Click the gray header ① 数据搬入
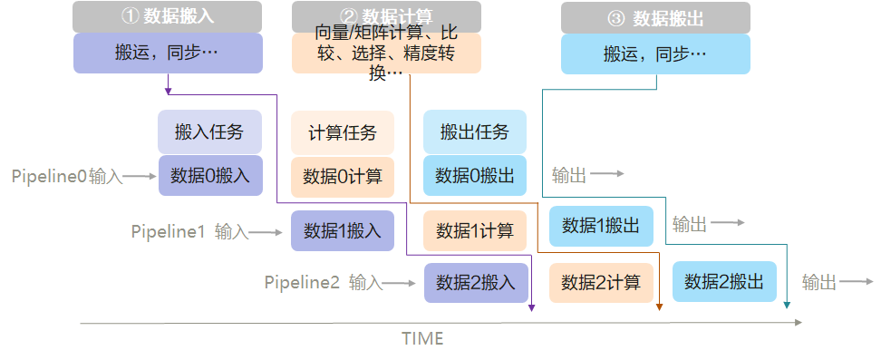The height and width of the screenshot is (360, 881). click(x=168, y=16)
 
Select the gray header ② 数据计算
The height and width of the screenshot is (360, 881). click(x=386, y=16)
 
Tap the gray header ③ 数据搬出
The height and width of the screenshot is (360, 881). click(x=655, y=17)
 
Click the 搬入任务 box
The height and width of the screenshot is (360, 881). click(x=209, y=132)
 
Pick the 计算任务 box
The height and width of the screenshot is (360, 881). click(x=343, y=132)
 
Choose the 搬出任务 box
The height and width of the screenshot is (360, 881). click(x=475, y=132)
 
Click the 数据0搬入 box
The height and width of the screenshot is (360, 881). click(x=209, y=176)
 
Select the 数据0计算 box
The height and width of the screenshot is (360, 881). click(x=343, y=176)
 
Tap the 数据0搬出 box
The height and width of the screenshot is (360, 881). click(x=475, y=176)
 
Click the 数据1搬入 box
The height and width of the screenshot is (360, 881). click(x=343, y=230)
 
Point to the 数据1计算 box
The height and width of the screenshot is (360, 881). click(x=475, y=230)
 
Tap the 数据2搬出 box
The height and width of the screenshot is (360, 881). click(x=724, y=281)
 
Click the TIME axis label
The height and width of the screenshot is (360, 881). click(x=422, y=339)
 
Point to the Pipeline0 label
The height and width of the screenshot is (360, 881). click(x=49, y=176)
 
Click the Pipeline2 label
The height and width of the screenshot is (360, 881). click(x=302, y=282)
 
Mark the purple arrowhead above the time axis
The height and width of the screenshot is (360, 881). click(x=531, y=307)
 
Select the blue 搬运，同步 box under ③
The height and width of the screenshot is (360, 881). click(x=655, y=54)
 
